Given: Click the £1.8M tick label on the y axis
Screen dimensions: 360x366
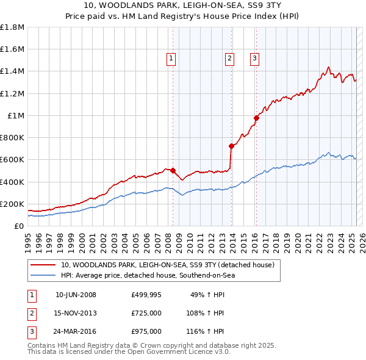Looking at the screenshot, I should coord(12,27).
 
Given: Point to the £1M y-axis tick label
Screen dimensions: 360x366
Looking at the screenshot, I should coord(15,116).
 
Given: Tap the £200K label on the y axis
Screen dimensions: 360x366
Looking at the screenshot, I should coord(12,204).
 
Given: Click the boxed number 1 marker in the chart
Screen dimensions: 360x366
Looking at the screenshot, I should coord(170,59).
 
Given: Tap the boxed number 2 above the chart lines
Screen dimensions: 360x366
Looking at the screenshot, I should coord(229,59).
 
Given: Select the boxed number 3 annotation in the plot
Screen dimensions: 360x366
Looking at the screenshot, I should coord(254,59).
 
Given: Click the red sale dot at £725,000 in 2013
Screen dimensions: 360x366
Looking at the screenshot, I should coord(231,146).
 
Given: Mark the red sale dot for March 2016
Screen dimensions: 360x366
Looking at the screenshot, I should coord(257,118).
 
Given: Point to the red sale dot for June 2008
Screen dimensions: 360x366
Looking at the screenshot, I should coord(173,171).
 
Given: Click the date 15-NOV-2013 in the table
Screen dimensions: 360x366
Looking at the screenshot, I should coord(76,313).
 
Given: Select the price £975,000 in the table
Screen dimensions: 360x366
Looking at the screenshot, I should coord(146,331).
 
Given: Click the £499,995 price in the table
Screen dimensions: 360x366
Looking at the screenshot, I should coord(146,295).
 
